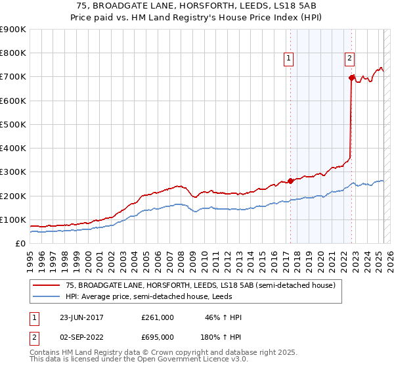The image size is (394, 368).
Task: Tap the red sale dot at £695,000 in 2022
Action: (x=351, y=78)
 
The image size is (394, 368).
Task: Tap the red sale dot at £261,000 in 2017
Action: (x=291, y=181)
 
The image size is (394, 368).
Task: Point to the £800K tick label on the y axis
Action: (x=13, y=53)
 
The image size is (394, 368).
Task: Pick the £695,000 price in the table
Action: (x=158, y=336)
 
